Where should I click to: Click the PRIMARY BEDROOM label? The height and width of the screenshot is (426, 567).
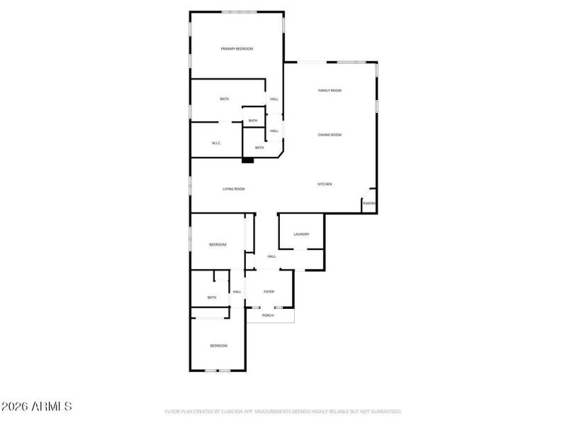pyautogui.click(x=237, y=48)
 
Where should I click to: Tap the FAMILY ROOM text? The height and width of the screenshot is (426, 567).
pyautogui.click(x=330, y=91)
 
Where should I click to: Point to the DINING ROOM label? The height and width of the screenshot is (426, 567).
pyautogui.click(x=330, y=135)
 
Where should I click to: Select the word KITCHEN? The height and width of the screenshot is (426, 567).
pyautogui.click(x=325, y=185)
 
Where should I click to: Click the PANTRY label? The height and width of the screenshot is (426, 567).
pyautogui.click(x=369, y=204)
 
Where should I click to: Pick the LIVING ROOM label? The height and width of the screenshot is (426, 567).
pyautogui.click(x=234, y=189)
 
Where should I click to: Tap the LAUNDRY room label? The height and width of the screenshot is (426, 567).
pyautogui.click(x=301, y=234)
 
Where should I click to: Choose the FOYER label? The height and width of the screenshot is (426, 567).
pyautogui.click(x=269, y=292)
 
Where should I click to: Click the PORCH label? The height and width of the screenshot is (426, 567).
pyautogui.click(x=268, y=315)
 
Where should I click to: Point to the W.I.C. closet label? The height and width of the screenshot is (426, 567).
pyautogui.click(x=216, y=143)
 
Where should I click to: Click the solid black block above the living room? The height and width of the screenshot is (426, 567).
pyautogui.click(x=247, y=160)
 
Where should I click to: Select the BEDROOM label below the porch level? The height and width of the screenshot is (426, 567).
pyautogui.click(x=218, y=346)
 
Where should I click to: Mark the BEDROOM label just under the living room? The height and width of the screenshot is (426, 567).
pyautogui.click(x=218, y=245)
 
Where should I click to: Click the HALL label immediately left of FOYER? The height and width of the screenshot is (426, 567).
pyautogui.click(x=237, y=292)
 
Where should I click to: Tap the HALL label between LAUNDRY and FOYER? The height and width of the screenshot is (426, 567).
pyautogui.click(x=271, y=256)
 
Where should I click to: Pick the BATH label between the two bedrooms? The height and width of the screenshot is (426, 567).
pyautogui.click(x=211, y=297)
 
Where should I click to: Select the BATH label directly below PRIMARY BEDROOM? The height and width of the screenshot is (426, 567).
pyautogui.click(x=224, y=99)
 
